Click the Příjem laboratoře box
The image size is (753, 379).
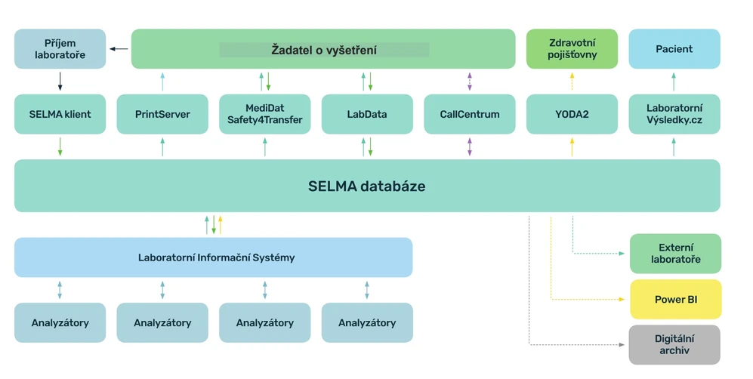[x=60, y=49]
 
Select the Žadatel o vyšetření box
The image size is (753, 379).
[x=323, y=49]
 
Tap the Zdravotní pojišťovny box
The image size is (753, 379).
[x=572, y=49]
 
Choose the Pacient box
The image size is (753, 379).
[x=674, y=49]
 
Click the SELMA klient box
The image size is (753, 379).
[x=60, y=114]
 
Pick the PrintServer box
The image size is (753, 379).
[x=162, y=114]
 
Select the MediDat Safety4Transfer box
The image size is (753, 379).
[x=264, y=114]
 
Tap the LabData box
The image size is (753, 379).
[x=367, y=114]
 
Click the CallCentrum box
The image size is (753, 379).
[x=469, y=114]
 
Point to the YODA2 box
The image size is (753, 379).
[x=572, y=114]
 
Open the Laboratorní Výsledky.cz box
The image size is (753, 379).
[x=674, y=114]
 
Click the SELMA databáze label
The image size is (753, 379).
[x=366, y=186]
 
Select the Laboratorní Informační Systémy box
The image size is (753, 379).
[x=214, y=257]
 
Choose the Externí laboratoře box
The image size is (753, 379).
[x=675, y=254]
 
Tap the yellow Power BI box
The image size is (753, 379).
[x=675, y=300]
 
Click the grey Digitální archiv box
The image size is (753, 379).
[x=675, y=344]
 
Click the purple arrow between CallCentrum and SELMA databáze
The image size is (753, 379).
[x=469, y=147]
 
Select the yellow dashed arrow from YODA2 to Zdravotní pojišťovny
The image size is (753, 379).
[x=572, y=82]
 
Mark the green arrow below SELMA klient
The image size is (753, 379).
[x=60, y=147]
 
